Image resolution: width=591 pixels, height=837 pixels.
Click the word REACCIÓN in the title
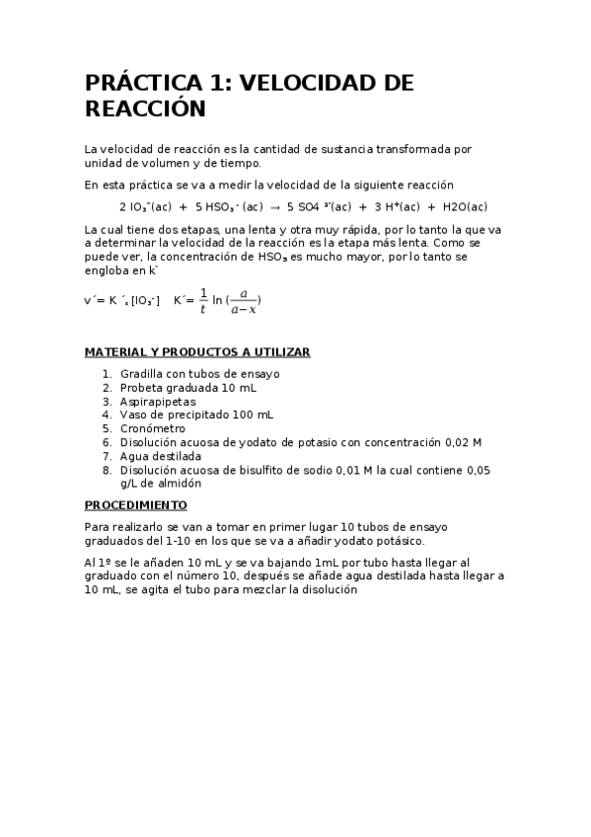click(x=145, y=110)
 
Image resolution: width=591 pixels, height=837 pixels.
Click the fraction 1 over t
click(x=203, y=300)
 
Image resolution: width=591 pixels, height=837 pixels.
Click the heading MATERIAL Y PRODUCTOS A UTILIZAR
click(x=197, y=351)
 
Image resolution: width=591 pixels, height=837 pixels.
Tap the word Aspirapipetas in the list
click(x=158, y=402)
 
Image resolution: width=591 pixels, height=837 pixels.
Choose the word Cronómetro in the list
click(x=153, y=429)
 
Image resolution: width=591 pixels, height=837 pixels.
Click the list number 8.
click(x=107, y=471)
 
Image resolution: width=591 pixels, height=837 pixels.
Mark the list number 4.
click(x=107, y=416)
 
